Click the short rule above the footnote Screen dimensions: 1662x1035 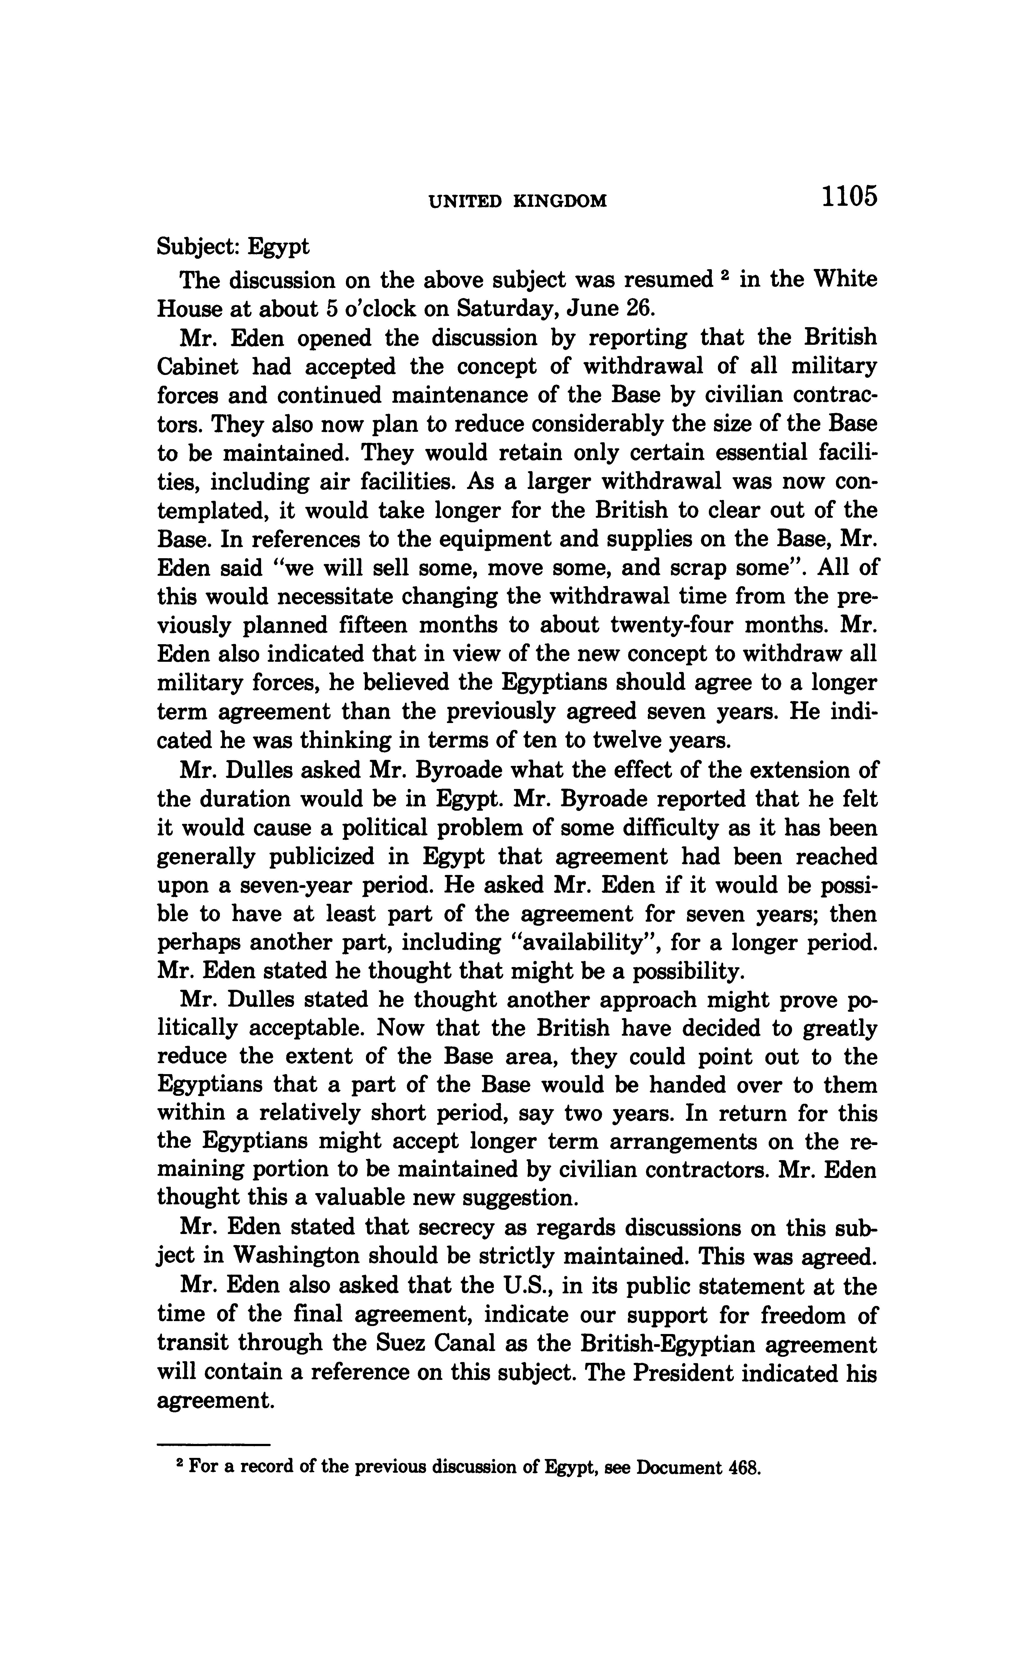pyautogui.click(x=214, y=1445)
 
